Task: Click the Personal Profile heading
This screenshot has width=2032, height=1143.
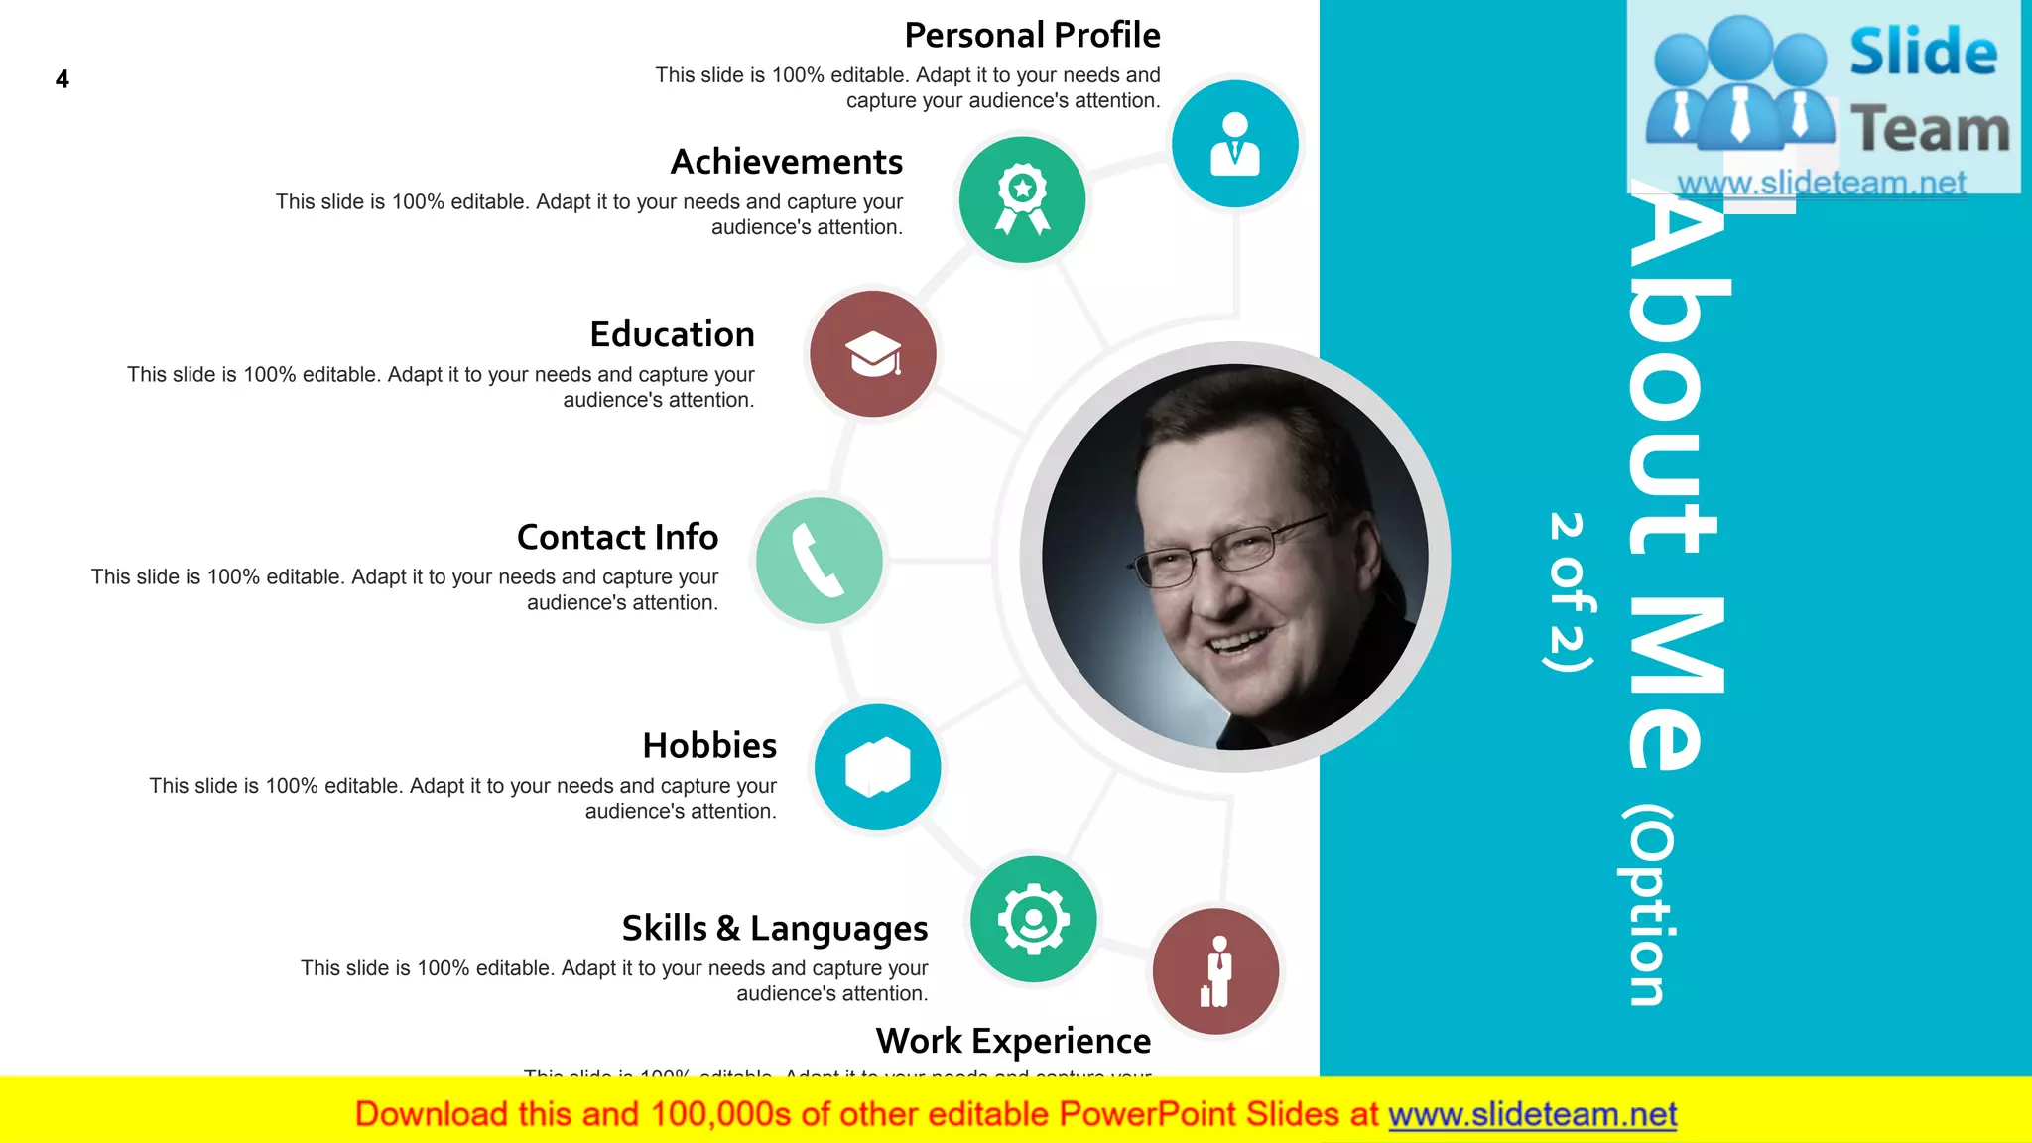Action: point(1032,36)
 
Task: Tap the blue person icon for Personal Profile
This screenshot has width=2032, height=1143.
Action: point(1234,144)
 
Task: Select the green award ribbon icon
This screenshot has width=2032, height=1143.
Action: point(1022,199)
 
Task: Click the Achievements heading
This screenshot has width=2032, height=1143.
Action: point(787,162)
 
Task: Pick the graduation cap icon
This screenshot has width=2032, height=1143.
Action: point(873,353)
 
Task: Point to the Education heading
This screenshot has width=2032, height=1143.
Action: point(672,334)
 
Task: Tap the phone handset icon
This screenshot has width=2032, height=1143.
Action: point(819,561)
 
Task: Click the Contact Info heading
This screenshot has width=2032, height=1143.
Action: point(617,537)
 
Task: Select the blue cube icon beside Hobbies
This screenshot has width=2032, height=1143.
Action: point(877,767)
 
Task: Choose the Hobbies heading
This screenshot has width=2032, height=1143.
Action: point(709,745)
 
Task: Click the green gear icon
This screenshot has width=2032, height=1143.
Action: point(1033,919)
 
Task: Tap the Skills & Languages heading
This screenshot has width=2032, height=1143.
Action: point(775,928)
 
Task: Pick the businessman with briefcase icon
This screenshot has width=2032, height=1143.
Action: point(1215,971)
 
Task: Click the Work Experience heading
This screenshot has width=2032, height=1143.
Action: point(1013,1041)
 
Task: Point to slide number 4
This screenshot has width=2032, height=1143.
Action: point(63,79)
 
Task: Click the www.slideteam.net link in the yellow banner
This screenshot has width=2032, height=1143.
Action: point(1532,1115)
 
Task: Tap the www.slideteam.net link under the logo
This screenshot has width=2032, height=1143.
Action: point(1822,183)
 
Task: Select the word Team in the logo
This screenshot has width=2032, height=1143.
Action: point(1930,130)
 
